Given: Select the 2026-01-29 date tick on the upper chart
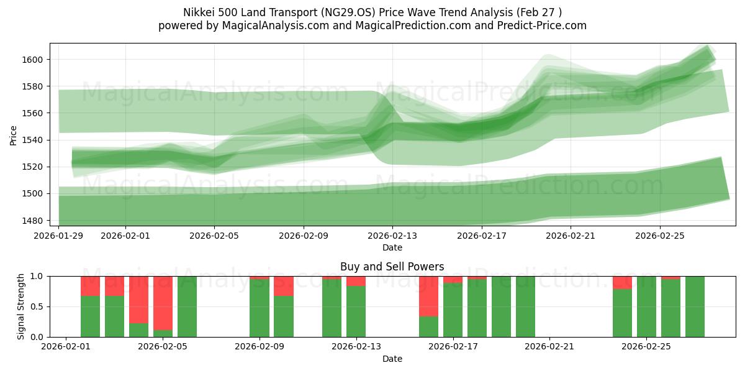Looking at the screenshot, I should pyautogui.click(x=59, y=236).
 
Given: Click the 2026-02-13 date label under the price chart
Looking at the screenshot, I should pyautogui.click(x=392, y=236).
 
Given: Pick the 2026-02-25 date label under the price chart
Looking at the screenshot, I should pyautogui.click(x=659, y=236).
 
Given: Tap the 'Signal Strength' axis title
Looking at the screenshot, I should pyautogui.click(x=21, y=306).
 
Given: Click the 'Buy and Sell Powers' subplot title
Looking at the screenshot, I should pyautogui.click(x=392, y=267).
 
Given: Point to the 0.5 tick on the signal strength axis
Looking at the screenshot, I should pyautogui.click(x=39, y=306).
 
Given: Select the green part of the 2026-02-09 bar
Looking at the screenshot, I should pyautogui.click(x=260, y=308).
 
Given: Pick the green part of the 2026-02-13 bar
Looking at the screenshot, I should pyautogui.click(x=356, y=311).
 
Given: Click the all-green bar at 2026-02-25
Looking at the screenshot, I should pyautogui.click(x=647, y=306).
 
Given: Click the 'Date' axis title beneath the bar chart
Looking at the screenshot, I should pyautogui.click(x=392, y=359).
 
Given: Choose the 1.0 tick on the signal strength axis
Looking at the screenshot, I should pyautogui.click(x=39, y=276).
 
